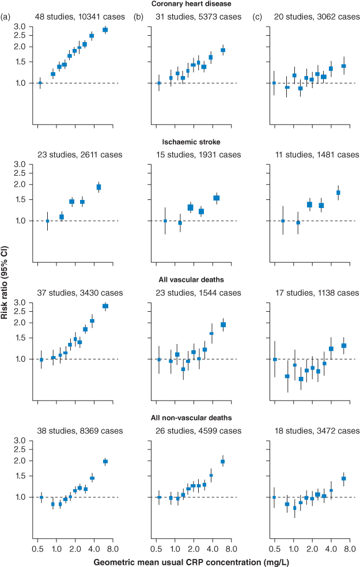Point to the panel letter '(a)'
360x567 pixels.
(x=6, y=17)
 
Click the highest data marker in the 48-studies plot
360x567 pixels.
(x=105, y=30)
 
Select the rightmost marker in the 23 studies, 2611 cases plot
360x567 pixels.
(x=98, y=187)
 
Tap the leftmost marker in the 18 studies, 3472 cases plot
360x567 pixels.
(x=274, y=497)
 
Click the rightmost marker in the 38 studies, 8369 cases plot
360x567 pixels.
(x=105, y=462)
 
